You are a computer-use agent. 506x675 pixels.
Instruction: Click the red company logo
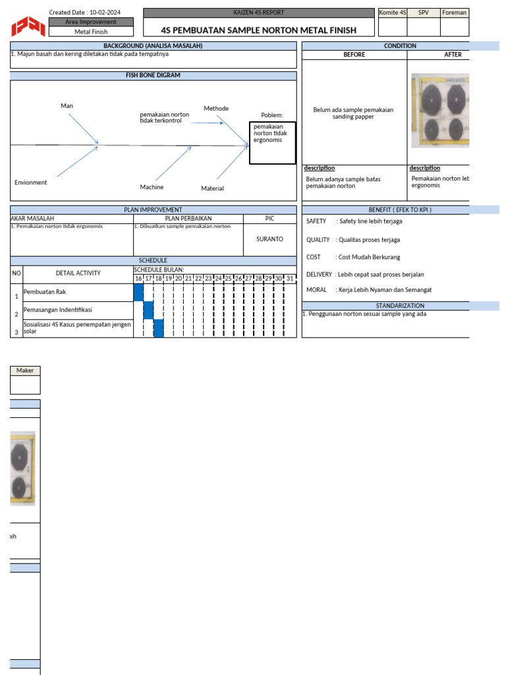(x=28, y=26)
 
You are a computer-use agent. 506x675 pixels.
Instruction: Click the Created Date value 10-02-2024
(x=105, y=13)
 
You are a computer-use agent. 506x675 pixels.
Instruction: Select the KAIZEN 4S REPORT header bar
(x=259, y=13)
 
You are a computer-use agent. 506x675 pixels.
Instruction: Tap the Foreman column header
(x=455, y=13)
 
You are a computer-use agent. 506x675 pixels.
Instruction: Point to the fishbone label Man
(x=67, y=106)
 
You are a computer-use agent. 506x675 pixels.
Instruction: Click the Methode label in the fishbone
(x=216, y=109)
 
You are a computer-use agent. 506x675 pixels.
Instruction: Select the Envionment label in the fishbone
(x=31, y=183)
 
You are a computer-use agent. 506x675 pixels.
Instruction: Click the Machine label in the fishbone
(x=152, y=187)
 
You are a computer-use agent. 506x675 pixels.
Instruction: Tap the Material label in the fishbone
(x=212, y=189)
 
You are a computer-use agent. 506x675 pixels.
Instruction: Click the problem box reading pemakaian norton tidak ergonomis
(x=272, y=142)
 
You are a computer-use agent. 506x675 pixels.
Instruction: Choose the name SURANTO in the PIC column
(x=269, y=239)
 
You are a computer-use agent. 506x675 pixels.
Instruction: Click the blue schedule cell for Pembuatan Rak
(x=138, y=293)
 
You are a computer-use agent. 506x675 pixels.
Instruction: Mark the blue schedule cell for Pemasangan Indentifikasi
(x=148, y=310)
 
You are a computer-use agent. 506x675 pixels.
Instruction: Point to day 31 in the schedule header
(x=290, y=279)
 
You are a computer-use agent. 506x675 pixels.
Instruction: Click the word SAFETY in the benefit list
(x=316, y=221)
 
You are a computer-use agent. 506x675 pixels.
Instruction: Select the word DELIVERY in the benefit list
(x=320, y=274)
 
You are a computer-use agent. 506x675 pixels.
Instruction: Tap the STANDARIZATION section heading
(x=400, y=306)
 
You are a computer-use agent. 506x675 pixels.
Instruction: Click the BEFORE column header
(x=354, y=55)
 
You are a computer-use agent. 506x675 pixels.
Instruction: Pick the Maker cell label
(x=25, y=370)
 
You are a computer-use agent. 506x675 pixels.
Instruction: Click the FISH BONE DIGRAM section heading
(x=153, y=75)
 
